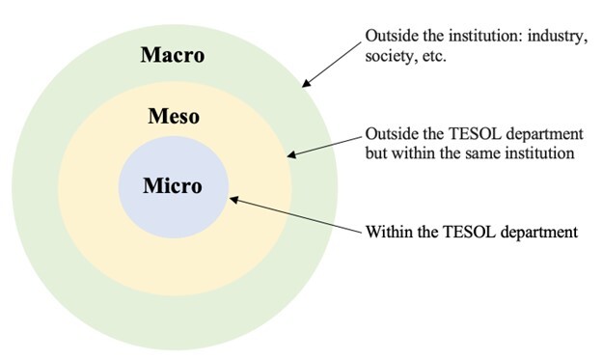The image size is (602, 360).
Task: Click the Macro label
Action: coord(173,55)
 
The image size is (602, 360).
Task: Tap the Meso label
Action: coord(173,118)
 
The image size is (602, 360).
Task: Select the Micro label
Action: coord(173,186)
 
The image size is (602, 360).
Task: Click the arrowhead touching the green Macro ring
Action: coord(306,87)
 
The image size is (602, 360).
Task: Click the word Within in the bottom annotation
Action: coord(386,232)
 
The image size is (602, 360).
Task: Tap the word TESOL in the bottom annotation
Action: coord(456,232)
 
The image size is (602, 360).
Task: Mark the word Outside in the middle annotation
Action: coord(388,133)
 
